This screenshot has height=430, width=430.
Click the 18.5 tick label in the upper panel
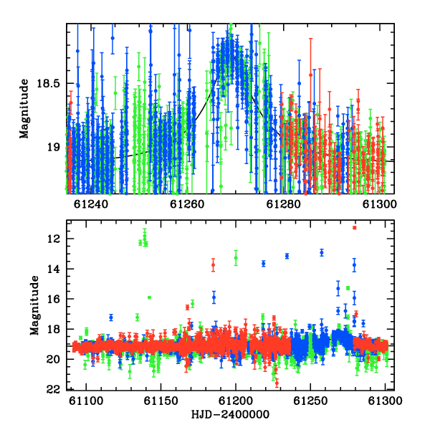tap(48, 83)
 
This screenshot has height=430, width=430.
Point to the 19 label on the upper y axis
tap(54, 147)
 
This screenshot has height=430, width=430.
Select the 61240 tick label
tap(91, 204)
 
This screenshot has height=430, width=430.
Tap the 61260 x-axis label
tap(187, 204)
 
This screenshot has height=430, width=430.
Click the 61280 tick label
tap(284, 204)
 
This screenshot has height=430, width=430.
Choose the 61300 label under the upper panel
tap(380, 204)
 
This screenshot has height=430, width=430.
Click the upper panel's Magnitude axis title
tap(24, 109)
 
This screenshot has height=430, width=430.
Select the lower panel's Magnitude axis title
tap(34, 305)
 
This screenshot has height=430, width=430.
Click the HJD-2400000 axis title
tap(230, 414)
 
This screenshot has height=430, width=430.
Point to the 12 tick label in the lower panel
tap(53, 239)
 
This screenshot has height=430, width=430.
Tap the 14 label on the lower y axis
tap(53, 269)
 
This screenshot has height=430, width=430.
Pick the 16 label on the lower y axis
tap(53, 299)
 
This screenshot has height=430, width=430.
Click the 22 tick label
tap(53, 389)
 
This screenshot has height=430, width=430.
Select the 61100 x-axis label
tap(87, 401)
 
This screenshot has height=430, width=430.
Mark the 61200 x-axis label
tap(236, 401)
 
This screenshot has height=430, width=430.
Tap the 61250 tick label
tap(311, 401)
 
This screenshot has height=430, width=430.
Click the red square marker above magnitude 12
tap(355, 228)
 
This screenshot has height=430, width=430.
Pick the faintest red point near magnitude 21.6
tap(277, 383)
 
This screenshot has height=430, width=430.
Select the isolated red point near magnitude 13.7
tap(213, 265)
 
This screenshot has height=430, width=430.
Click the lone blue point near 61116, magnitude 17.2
tap(111, 317)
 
